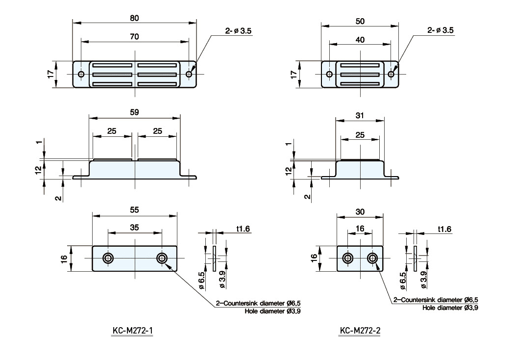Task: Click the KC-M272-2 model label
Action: tap(360, 331)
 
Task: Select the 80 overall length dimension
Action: tap(134, 18)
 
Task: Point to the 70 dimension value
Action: tap(134, 37)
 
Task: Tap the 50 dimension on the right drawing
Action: tap(360, 22)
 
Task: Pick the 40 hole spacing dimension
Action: tap(360, 40)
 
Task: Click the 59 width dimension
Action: tap(134, 112)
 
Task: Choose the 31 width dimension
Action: tap(360, 115)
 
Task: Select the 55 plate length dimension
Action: tap(134, 210)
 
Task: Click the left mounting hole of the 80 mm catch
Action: tap(81, 75)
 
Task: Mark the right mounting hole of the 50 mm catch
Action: tap(391, 75)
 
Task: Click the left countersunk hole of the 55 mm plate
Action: tap(107, 258)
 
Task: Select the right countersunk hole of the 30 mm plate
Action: tap(372, 258)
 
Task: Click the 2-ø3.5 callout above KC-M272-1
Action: tap(239, 30)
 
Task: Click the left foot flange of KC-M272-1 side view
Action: tap(81, 177)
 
